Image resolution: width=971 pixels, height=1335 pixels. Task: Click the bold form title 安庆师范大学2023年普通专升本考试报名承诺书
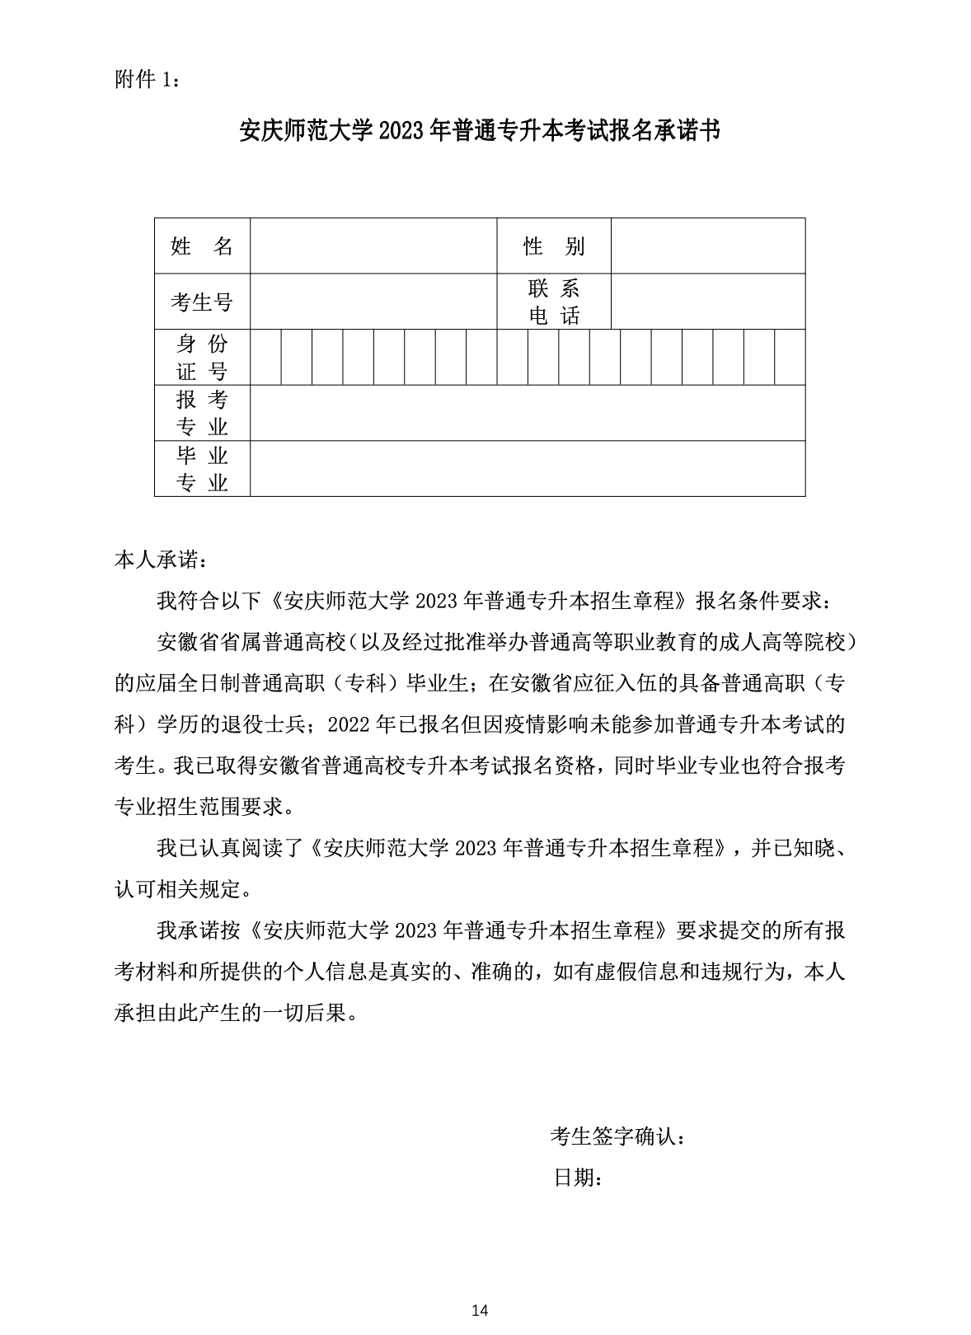pyautogui.click(x=480, y=131)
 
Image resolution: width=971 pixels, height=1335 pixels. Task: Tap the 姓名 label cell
pyautogui.click(x=202, y=246)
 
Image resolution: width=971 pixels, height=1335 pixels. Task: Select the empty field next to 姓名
pyautogui.click(x=373, y=246)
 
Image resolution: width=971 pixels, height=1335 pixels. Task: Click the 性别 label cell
pyautogui.click(x=553, y=246)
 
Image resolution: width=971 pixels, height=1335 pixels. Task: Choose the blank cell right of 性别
pyautogui.click(x=707, y=246)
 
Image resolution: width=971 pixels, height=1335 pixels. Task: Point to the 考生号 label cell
pyautogui.click(x=202, y=302)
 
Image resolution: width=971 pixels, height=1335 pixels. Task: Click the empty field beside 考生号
pyautogui.click(x=373, y=302)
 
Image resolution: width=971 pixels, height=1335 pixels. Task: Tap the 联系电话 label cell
pyautogui.click(x=553, y=302)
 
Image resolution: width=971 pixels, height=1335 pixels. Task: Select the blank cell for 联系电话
pyautogui.click(x=707, y=302)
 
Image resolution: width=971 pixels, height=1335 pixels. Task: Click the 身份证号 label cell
pyautogui.click(x=202, y=357)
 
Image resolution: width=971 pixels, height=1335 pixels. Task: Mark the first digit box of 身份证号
pyautogui.click(x=265, y=357)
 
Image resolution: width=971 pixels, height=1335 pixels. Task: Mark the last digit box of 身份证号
pyautogui.click(x=790, y=357)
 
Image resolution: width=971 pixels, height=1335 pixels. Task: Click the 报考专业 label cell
pyautogui.click(x=202, y=413)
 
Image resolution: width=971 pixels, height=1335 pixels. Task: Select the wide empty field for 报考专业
pyautogui.click(x=528, y=413)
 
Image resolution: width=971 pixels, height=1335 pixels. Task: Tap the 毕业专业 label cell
pyautogui.click(x=202, y=468)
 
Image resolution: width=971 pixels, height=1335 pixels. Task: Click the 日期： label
pyautogui.click(x=578, y=1178)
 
